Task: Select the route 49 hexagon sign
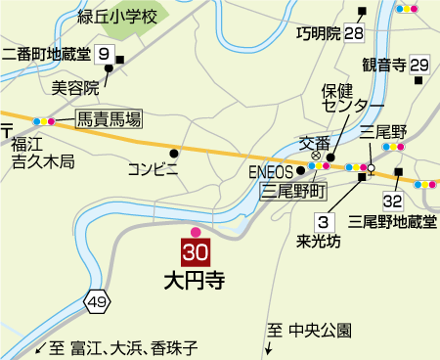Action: pyautogui.click(x=96, y=303)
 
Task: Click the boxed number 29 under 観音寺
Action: pyautogui.click(x=420, y=65)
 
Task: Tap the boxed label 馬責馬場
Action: pyautogui.click(x=109, y=120)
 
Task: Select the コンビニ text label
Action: pyautogui.click(x=154, y=169)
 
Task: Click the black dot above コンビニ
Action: pyautogui.click(x=175, y=153)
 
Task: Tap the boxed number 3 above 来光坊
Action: pyautogui.click(x=322, y=220)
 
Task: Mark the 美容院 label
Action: pyautogui.click(x=75, y=86)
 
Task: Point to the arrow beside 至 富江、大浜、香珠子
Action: pyautogui.click(x=41, y=348)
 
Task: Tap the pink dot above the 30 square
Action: pyautogui.click(x=196, y=232)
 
